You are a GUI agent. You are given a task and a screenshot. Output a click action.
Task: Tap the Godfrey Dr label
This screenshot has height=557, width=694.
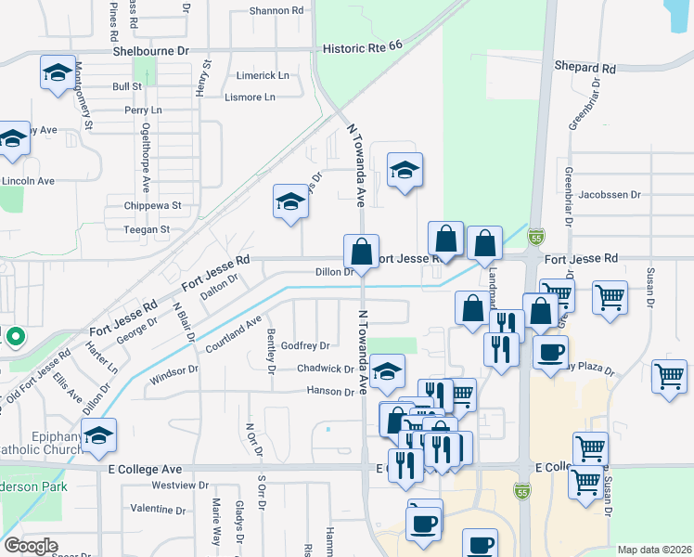tap(305, 345)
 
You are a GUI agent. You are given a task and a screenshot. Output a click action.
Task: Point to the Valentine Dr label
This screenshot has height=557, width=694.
tap(159, 510)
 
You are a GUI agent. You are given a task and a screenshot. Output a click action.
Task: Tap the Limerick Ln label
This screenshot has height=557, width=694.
tap(263, 75)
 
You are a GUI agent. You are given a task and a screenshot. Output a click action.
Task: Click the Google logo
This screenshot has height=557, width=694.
tap(31, 546)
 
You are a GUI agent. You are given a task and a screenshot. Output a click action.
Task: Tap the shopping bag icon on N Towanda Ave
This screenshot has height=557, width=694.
tap(361, 251)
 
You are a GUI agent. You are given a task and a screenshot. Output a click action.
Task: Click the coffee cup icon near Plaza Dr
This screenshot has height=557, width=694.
tap(551, 352)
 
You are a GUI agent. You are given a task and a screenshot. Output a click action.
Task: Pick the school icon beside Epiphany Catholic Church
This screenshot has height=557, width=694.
tap(98, 434)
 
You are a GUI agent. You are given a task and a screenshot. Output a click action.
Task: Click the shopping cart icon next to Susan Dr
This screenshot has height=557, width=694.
tap(610, 297)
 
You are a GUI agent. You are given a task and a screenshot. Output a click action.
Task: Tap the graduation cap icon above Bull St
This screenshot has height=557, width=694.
tap(58, 72)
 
